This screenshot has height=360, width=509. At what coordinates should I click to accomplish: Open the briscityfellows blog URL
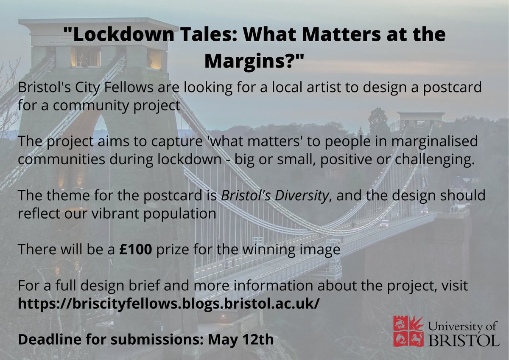click(x=168, y=304)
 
